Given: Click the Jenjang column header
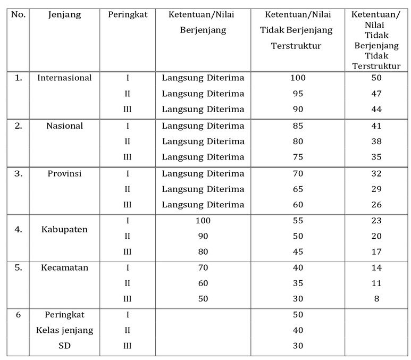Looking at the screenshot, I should [x=64, y=15].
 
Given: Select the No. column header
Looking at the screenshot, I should [x=18, y=15].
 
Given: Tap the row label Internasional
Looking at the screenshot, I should [x=64, y=78].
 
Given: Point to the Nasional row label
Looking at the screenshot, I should [x=64, y=126].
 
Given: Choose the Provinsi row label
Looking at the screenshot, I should [x=64, y=173].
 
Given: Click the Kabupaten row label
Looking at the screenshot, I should [x=64, y=230].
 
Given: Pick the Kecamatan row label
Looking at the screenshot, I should [x=64, y=268].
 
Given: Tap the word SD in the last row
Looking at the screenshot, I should [x=64, y=346].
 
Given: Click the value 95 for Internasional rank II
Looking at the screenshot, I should [x=298, y=94].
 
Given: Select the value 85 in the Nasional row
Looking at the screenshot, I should [x=298, y=127].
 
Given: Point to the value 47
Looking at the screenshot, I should [x=376, y=94].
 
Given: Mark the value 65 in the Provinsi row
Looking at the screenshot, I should [x=298, y=189].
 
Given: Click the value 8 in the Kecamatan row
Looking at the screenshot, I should [x=376, y=299].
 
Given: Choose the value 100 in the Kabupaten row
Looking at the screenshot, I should [x=203, y=221].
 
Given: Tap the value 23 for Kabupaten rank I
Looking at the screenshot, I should [x=376, y=221].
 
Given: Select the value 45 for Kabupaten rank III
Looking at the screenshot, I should [x=298, y=252].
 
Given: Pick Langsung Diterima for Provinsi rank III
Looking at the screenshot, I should [x=203, y=205].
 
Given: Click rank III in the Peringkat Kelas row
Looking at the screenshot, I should [x=127, y=346].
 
